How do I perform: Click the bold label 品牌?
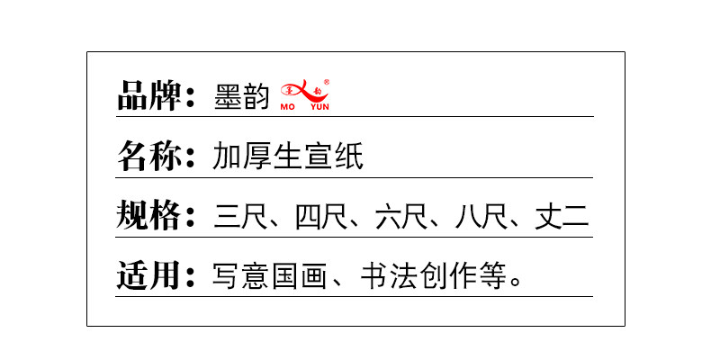[x=149, y=95]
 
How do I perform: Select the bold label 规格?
[x=149, y=216]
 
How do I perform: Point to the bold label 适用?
[x=149, y=275]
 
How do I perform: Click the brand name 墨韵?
[x=241, y=96]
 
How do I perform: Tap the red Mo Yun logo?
[x=306, y=93]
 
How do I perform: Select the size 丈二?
[x=562, y=217]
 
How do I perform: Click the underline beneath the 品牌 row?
[x=355, y=116]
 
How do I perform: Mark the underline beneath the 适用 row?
[x=355, y=296]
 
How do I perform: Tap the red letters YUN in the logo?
[x=319, y=105]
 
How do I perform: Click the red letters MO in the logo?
[x=289, y=105]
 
